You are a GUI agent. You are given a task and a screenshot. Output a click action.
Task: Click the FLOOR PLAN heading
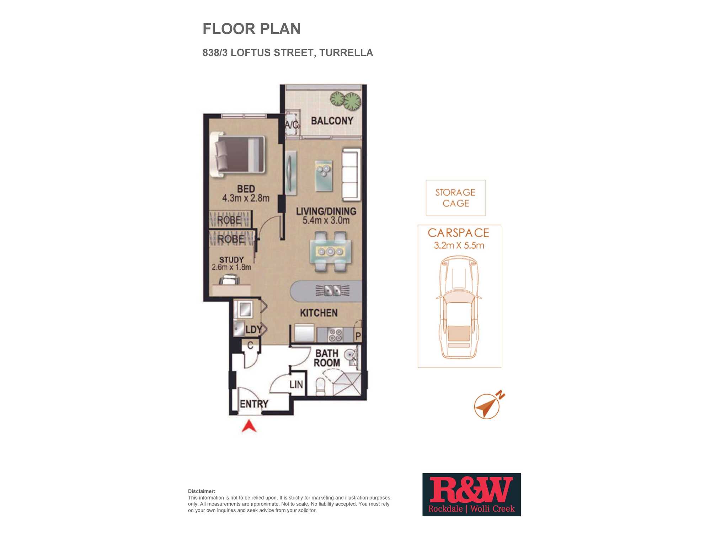[x=252, y=29]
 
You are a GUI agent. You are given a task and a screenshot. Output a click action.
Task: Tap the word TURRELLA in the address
[x=346, y=53]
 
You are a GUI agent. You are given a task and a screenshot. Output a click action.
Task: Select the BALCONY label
[x=332, y=121]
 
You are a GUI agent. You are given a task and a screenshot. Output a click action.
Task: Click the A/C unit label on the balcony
[x=292, y=125]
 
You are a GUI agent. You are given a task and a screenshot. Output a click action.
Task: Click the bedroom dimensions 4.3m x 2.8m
[x=246, y=198]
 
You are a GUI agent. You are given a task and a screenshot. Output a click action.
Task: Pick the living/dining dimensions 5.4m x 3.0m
[x=326, y=220]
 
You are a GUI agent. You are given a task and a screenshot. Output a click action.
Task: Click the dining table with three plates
[x=331, y=252]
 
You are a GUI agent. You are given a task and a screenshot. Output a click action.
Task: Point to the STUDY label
[x=231, y=260]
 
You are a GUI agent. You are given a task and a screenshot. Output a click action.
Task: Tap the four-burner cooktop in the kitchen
[x=335, y=334]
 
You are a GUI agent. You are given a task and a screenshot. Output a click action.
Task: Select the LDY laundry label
[x=254, y=330]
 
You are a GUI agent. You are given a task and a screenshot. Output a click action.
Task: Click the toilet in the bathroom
[x=320, y=386]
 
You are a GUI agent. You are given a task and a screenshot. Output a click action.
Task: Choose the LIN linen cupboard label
[x=296, y=384]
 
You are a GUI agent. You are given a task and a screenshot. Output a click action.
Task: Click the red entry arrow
[x=249, y=426]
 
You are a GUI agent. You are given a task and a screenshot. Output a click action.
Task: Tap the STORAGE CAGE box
[x=456, y=198]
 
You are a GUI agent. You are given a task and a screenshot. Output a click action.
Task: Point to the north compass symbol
[x=488, y=405]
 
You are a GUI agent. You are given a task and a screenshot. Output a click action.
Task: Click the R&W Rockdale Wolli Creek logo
[x=471, y=495]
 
